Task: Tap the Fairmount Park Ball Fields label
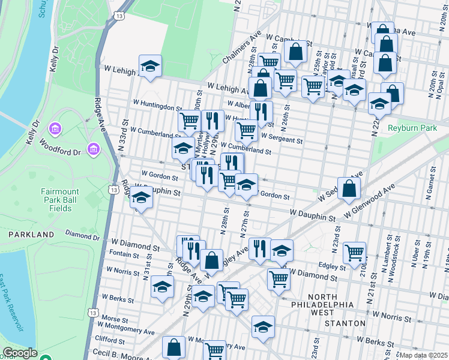(60, 200)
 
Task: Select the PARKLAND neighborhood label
(27, 234)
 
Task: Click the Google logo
(20, 353)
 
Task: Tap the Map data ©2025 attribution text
(423, 355)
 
